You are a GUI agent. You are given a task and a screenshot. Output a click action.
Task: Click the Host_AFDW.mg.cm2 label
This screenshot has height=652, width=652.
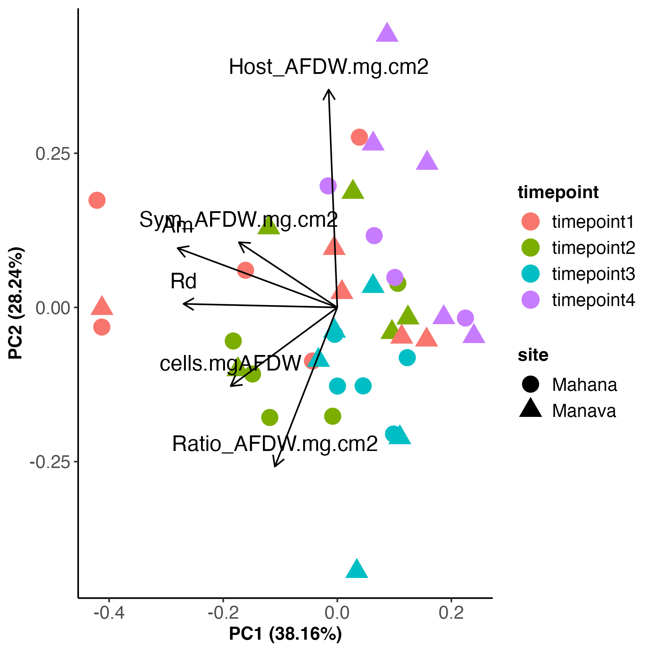coord(329,67)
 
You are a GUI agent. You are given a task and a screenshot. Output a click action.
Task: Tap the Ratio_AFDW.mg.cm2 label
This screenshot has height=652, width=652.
coord(275,444)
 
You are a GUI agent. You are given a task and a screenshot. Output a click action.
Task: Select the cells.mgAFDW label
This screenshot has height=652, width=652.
coord(230,363)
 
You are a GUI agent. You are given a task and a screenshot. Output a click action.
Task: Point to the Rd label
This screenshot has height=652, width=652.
coord(183,281)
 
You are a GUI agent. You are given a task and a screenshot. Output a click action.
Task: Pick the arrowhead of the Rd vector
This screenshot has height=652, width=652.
coord(184,304)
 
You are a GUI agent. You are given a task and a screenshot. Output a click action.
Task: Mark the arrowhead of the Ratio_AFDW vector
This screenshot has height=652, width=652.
coord(275,466)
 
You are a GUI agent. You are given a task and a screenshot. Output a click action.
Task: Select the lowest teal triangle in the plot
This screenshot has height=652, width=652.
coord(357,569)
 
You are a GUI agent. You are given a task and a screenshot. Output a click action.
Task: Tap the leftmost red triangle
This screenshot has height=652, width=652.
coord(102,306)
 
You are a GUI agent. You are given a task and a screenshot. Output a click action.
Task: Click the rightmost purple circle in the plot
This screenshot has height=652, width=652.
coord(465,318)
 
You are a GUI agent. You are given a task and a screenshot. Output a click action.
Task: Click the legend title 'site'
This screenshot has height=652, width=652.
coord(533,355)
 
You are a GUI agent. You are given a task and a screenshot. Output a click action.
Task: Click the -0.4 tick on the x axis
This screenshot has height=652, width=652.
coord(109,613)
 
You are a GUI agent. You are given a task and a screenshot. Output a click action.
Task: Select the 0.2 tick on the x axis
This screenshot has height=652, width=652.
coord(451,613)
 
